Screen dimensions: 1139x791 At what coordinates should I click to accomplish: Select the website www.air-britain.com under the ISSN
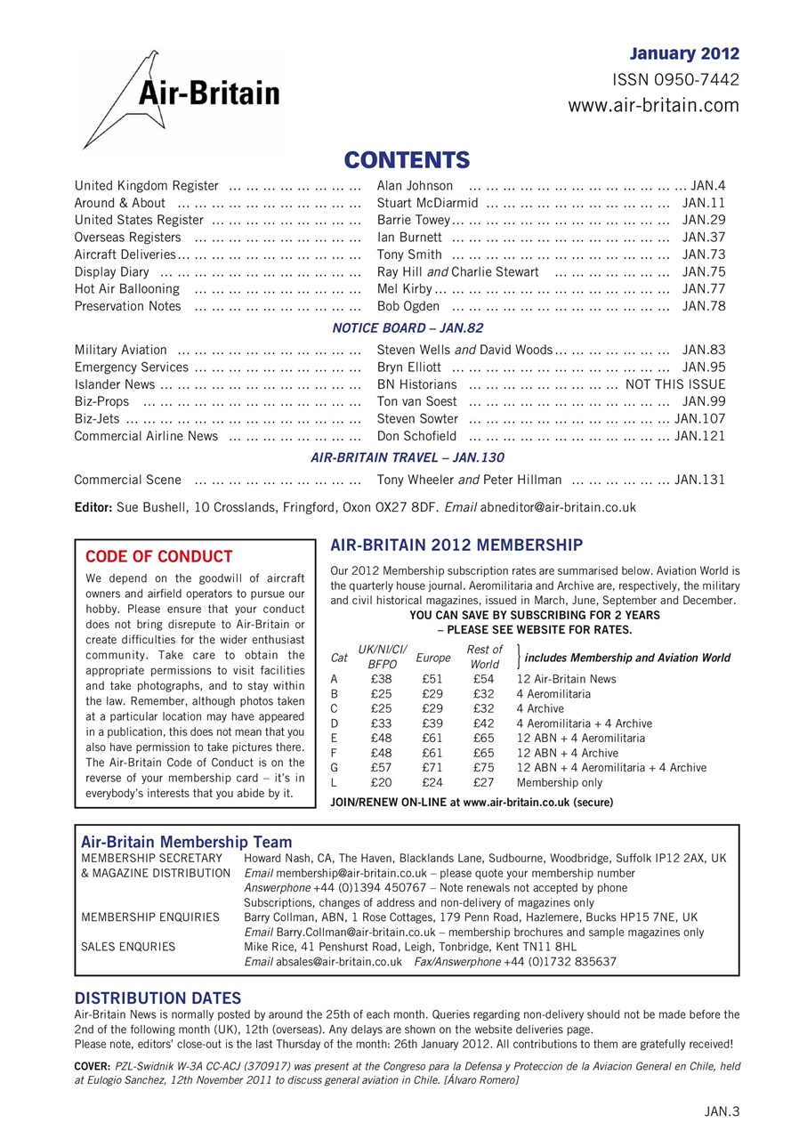coord(654,106)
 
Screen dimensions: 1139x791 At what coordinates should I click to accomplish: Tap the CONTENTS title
coord(407,160)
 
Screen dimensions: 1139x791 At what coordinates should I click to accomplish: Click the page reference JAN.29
coord(704,220)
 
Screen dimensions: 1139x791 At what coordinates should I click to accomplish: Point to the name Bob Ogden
coord(408,306)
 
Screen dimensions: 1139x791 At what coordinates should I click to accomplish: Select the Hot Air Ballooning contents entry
coord(127,289)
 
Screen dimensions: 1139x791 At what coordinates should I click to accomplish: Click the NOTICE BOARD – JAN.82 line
coord(408,328)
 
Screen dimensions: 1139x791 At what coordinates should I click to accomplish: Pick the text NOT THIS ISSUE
coord(675,384)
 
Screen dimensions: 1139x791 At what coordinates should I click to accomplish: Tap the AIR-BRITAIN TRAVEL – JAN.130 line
coord(408,458)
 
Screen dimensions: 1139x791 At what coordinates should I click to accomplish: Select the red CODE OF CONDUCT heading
coord(158,557)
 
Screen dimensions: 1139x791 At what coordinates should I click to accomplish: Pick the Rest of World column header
coord(484,658)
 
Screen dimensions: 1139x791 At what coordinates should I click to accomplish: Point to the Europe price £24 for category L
coord(432,783)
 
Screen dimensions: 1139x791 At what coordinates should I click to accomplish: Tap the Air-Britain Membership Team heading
coord(186,841)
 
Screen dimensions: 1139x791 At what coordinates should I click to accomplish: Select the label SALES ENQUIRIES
coord(128,947)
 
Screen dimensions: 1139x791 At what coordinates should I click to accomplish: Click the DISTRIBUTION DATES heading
coord(157,998)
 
